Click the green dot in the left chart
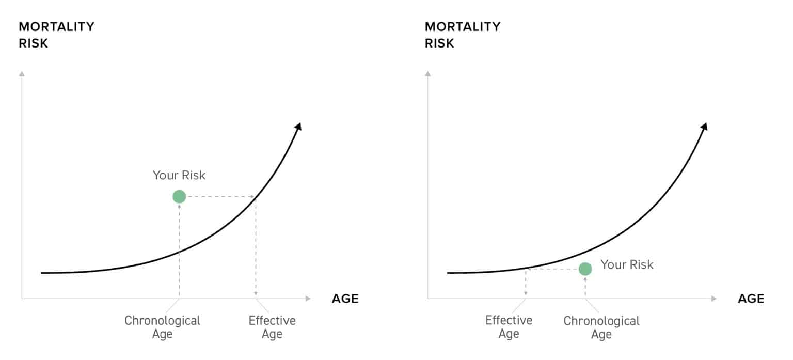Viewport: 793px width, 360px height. (179, 197)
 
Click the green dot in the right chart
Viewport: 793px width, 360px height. (585, 269)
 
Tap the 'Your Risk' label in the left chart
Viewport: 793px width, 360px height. (179, 176)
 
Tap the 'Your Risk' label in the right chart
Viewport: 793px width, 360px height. (627, 265)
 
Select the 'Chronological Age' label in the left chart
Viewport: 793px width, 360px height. (162, 327)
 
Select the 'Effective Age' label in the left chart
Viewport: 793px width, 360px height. (272, 327)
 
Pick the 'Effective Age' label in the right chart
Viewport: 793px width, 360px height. (509, 327)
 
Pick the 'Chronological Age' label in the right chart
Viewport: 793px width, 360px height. (601, 327)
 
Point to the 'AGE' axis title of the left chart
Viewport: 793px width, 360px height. (345, 299)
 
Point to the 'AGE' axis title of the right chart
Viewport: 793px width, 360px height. (751, 299)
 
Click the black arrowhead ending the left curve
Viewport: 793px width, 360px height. (298, 127)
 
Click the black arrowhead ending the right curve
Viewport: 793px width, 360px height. (704, 127)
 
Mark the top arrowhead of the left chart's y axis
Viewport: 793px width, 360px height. (22, 73)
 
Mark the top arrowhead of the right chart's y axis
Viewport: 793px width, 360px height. (428, 73)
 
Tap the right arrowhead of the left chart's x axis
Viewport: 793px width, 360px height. (308, 299)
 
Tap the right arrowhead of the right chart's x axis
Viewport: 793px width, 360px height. (715, 299)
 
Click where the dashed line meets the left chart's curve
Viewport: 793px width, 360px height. (256, 197)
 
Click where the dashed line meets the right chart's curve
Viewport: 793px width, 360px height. (526, 269)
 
